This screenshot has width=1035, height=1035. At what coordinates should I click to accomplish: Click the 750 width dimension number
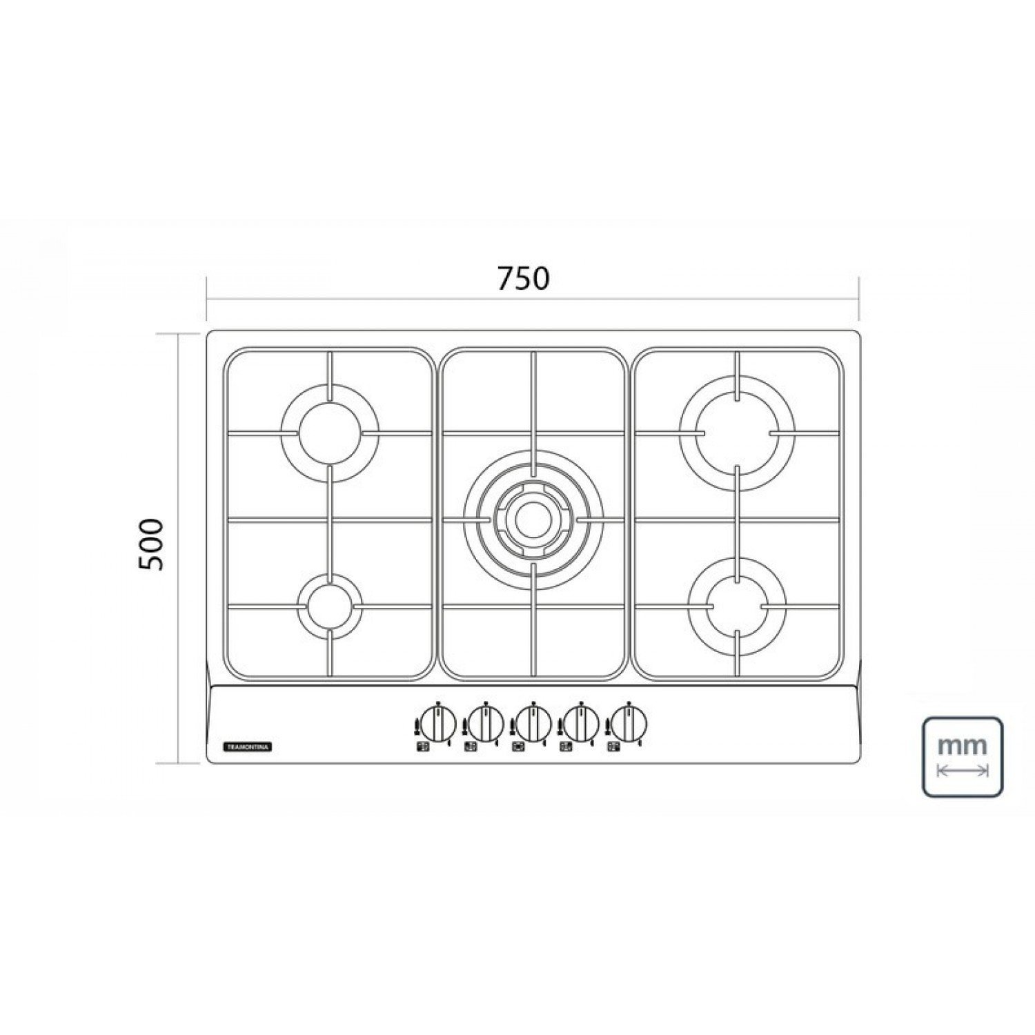[523, 278]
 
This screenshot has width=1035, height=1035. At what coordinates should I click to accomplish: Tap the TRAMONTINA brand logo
[249, 747]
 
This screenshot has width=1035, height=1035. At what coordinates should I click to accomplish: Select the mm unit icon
[963, 756]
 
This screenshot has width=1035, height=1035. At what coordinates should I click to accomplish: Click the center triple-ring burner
[533, 520]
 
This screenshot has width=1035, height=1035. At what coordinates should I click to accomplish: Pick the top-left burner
[330, 433]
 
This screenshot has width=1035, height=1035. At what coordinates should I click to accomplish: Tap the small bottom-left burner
[330, 606]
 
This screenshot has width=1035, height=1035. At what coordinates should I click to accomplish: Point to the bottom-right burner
[737, 606]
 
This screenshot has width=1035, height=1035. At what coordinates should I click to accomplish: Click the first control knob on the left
[437, 723]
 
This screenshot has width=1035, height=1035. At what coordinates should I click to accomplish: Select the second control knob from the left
[486, 723]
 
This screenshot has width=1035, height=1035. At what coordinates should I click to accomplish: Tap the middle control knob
[533, 723]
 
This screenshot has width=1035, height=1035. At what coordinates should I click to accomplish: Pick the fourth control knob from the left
[581, 723]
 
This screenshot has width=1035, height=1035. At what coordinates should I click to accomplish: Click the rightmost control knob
[629, 723]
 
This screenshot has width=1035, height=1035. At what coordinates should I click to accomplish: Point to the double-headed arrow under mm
[963, 771]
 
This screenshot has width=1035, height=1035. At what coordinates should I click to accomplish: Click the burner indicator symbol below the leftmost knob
[422, 747]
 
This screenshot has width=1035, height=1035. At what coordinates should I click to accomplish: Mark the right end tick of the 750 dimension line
[858, 299]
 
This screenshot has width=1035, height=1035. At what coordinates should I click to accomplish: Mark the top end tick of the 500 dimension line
[179, 334]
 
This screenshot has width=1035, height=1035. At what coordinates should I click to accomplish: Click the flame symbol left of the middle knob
[513, 726]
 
